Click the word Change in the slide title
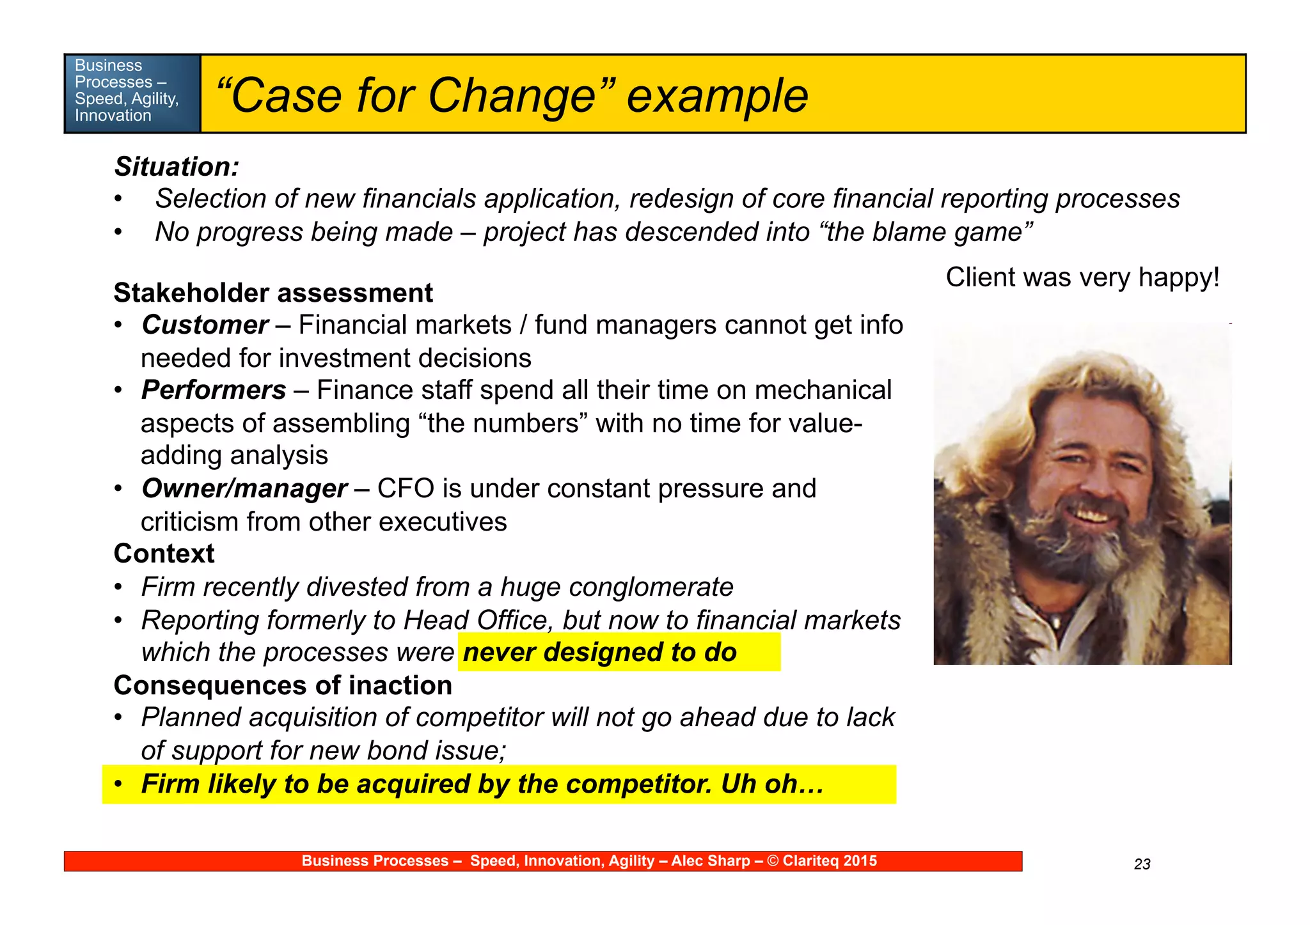512,96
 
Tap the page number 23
1142,864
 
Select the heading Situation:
177,167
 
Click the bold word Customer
205,325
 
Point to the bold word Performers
214,390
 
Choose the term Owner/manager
244,488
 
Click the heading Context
164,554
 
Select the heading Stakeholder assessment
273,293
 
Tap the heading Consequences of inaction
283,685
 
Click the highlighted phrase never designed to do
599,652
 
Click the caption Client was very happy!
1082,277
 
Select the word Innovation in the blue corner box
113,116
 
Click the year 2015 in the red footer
860,861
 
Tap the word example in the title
717,96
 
